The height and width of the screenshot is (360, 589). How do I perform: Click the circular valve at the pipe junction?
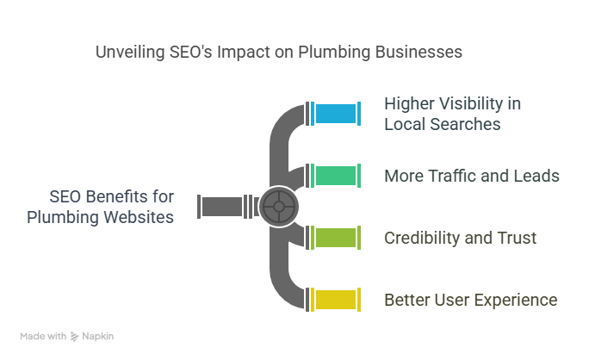click(277, 207)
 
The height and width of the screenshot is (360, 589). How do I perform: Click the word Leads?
click(537, 177)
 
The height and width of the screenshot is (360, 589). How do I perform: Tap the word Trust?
click(518, 237)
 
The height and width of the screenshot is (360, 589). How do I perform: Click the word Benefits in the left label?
click(115, 197)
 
